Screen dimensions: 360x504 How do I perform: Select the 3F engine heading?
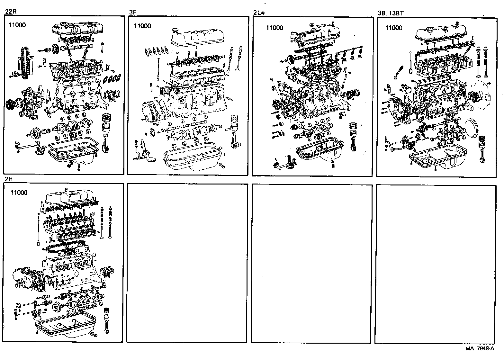(132, 12)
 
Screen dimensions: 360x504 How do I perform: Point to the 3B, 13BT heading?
(390, 13)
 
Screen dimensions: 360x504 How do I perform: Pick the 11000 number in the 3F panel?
(142, 26)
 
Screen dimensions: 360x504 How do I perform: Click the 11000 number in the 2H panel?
(19, 193)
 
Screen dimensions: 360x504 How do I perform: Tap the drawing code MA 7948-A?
(480, 348)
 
